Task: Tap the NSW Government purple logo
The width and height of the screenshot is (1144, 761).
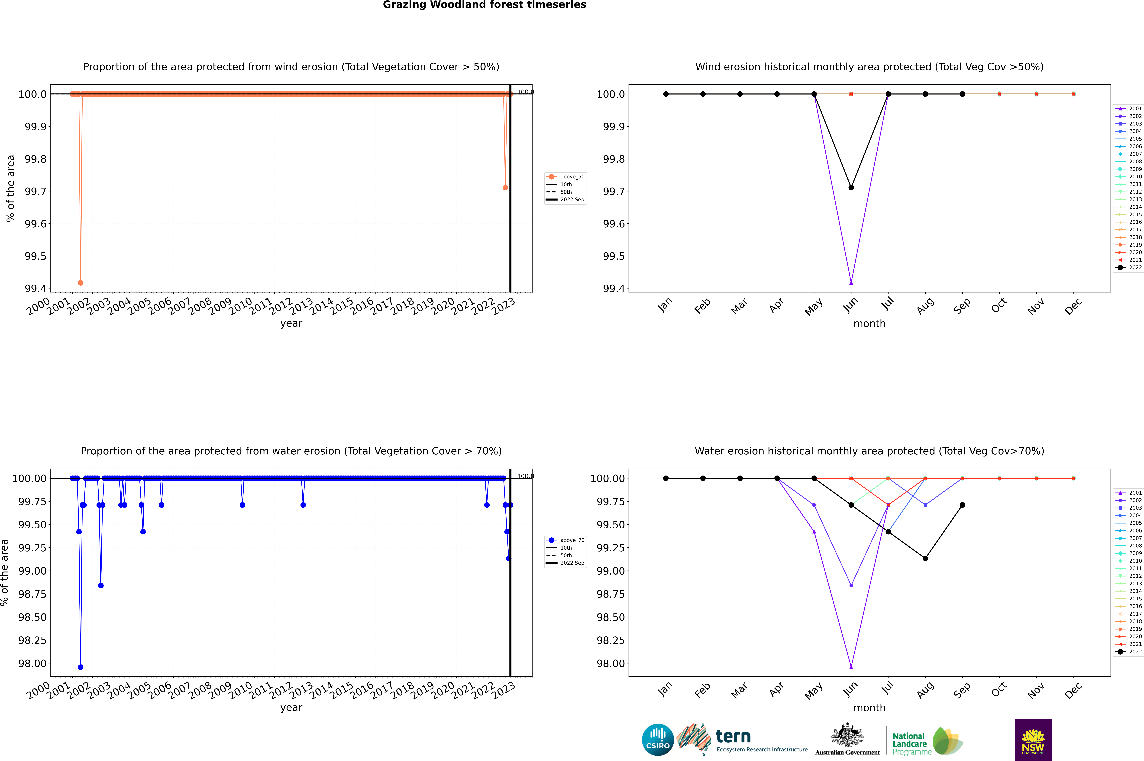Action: click(x=1033, y=740)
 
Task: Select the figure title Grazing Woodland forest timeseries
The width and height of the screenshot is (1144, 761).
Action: click(x=485, y=5)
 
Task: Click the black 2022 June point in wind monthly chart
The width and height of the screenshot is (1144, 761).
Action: click(x=851, y=187)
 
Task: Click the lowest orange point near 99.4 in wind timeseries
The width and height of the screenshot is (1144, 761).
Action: click(x=81, y=282)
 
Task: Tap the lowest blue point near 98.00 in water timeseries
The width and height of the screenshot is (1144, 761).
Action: click(x=81, y=667)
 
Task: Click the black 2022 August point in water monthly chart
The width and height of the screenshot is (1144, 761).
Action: click(x=925, y=558)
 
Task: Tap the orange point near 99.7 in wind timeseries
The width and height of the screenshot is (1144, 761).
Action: click(x=505, y=187)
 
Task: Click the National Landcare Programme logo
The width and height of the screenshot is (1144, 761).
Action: click(x=926, y=741)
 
